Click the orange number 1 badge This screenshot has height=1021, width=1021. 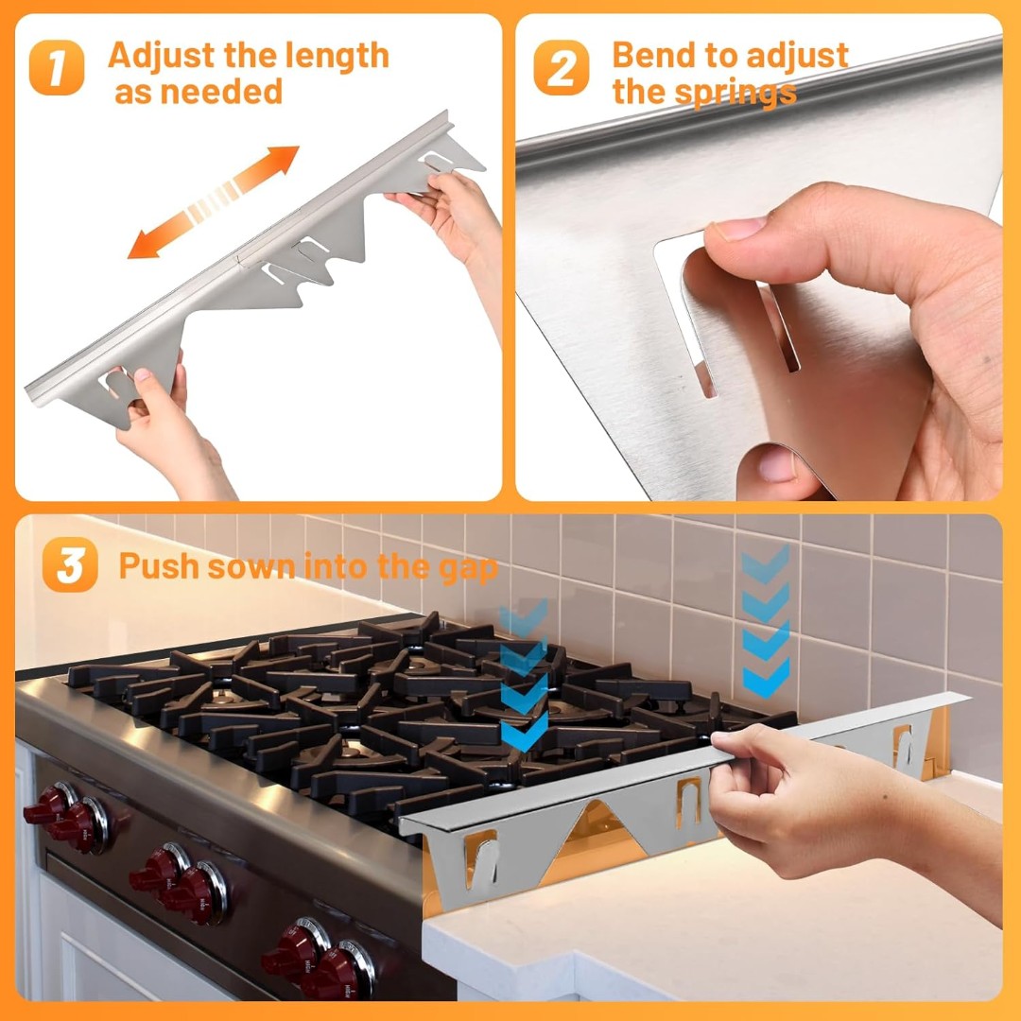pos(57,68)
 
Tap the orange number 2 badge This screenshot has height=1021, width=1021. pos(562,68)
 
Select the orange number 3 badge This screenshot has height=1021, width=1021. pos(70,564)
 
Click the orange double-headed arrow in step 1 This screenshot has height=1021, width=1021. pos(213,202)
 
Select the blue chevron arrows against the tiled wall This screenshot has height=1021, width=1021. pos(766,622)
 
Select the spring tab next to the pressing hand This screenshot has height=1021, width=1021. pos(689,805)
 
